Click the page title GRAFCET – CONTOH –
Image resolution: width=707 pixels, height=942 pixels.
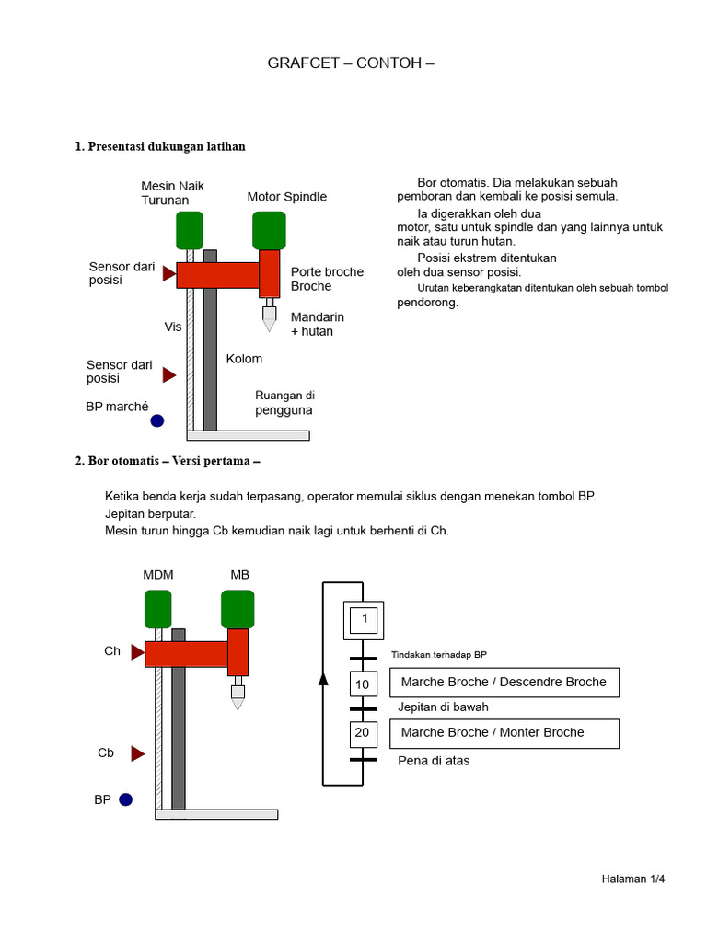pyautogui.click(x=350, y=63)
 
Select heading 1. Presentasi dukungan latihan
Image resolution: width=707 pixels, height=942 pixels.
pyautogui.click(x=160, y=147)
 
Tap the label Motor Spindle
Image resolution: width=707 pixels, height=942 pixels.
pyautogui.click(x=286, y=197)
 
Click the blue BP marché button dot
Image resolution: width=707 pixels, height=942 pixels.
pyautogui.click(x=157, y=420)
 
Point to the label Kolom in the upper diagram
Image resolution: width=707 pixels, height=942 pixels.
pyautogui.click(x=244, y=359)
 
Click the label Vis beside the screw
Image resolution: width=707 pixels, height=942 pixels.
pyautogui.click(x=173, y=327)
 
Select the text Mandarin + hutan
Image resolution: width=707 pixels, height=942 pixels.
pyautogui.click(x=317, y=324)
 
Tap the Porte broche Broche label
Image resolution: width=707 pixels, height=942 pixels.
pyautogui.click(x=327, y=279)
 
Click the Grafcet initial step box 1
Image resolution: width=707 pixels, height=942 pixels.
pyautogui.click(x=365, y=620)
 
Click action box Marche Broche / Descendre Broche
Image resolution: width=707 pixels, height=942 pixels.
pyautogui.click(x=504, y=683)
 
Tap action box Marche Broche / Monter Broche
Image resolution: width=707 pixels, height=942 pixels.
pyautogui.click(x=504, y=733)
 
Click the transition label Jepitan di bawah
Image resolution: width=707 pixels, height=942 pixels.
pyautogui.click(x=443, y=707)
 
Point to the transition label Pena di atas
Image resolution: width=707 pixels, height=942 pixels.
pyautogui.click(x=434, y=761)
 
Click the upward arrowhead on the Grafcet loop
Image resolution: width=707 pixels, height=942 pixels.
pyautogui.click(x=323, y=679)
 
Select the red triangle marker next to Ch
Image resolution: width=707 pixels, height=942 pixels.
pyautogui.click(x=138, y=652)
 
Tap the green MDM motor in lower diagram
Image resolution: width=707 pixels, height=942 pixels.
pyautogui.click(x=157, y=609)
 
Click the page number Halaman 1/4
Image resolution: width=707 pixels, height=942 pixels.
pyautogui.click(x=632, y=879)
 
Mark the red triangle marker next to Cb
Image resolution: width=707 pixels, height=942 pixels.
pyautogui.click(x=138, y=753)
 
